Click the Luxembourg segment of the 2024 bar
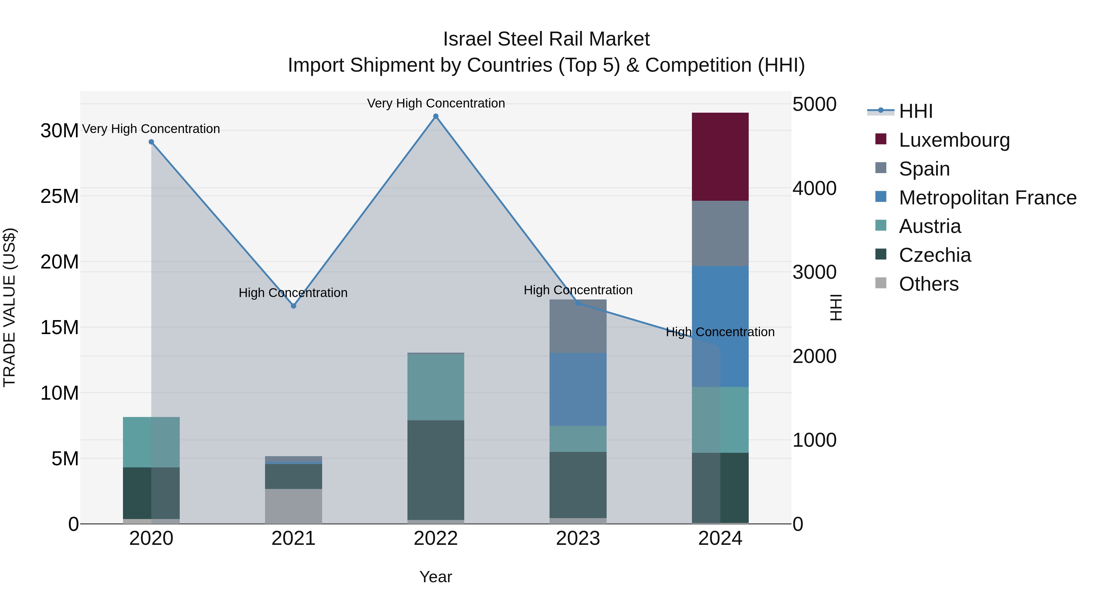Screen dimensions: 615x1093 [x=720, y=157]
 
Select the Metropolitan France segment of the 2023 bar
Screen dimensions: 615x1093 [x=577, y=389]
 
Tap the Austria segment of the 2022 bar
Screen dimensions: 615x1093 [x=435, y=387]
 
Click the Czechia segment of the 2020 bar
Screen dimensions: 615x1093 [x=151, y=493]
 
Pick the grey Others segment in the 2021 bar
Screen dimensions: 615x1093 [x=293, y=506]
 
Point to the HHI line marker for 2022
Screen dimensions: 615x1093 [x=435, y=116]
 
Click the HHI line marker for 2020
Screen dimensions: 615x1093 [x=151, y=142]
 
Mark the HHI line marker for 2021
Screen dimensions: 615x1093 [x=293, y=306]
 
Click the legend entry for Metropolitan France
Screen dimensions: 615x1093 [x=987, y=198]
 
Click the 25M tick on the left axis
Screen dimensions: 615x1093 [x=60, y=196]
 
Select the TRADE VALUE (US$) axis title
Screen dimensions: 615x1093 [x=9, y=307]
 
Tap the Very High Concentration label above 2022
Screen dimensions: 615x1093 [x=436, y=103]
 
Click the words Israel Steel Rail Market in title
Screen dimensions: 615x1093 [x=546, y=39]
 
